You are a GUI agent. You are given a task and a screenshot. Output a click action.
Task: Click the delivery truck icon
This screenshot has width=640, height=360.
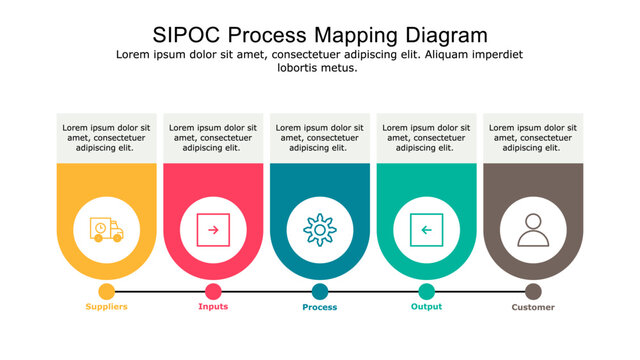[x=106, y=230]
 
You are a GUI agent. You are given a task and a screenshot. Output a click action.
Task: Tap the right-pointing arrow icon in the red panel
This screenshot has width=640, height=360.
[x=212, y=230]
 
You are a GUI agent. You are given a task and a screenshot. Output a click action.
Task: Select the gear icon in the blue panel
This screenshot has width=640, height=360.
[x=319, y=230]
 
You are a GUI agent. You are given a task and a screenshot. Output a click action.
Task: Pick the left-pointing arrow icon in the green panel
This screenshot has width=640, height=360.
[x=426, y=230]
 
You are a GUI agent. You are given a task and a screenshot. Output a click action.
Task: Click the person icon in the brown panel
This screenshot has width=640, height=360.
[x=532, y=230]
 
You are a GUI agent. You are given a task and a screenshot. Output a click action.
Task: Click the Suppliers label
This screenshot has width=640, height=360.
[x=106, y=307]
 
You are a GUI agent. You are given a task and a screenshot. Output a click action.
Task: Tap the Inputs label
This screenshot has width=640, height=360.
[x=213, y=307]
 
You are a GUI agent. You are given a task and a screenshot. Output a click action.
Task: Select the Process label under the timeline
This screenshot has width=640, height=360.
[x=320, y=307]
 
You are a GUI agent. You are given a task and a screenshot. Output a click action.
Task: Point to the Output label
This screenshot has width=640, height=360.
[x=426, y=307]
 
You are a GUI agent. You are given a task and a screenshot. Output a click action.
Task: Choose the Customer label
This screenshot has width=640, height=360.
[x=533, y=307]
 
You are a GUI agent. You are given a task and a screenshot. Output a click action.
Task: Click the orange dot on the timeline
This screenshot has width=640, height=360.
[x=106, y=291]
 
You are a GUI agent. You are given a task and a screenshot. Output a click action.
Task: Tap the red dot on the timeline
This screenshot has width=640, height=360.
[x=213, y=291]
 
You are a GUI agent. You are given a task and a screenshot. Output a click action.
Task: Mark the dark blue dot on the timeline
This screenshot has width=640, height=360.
[x=320, y=291]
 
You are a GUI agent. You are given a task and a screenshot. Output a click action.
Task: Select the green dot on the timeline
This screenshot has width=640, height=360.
[x=426, y=291]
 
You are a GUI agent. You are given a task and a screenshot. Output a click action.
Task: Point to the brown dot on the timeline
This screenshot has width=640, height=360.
[x=533, y=291]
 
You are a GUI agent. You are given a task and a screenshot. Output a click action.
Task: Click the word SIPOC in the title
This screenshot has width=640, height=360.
[x=185, y=34]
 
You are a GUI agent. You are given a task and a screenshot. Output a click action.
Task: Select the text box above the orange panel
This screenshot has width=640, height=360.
[x=106, y=138]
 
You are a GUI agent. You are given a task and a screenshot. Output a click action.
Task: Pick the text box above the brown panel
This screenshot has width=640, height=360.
[x=533, y=138]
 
